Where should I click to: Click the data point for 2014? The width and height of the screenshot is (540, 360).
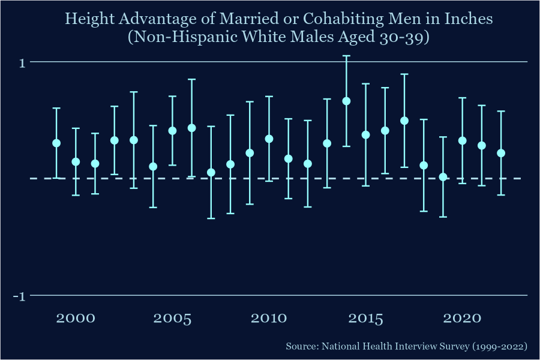[x=346, y=101]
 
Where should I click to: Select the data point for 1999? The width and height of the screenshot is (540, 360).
[x=56, y=143]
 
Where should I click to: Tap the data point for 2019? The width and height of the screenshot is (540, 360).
[x=443, y=177]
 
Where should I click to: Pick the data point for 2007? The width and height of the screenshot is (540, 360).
[x=211, y=172]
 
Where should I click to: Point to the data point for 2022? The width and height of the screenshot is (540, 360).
[x=501, y=153]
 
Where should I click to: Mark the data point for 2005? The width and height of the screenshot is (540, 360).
[x=172, y=130]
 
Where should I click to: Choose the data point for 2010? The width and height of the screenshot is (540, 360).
[x=269, y=139]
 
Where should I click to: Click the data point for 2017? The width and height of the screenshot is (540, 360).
[x=404, y=121]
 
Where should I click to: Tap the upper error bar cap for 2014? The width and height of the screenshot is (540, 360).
[x=346, y=56]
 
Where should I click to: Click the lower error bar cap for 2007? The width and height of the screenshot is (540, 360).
[x=211, y=218]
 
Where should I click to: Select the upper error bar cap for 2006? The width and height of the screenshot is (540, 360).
[x=191, y=79]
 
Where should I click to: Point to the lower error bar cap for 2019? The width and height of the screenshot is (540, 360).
[x=443, y=217]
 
